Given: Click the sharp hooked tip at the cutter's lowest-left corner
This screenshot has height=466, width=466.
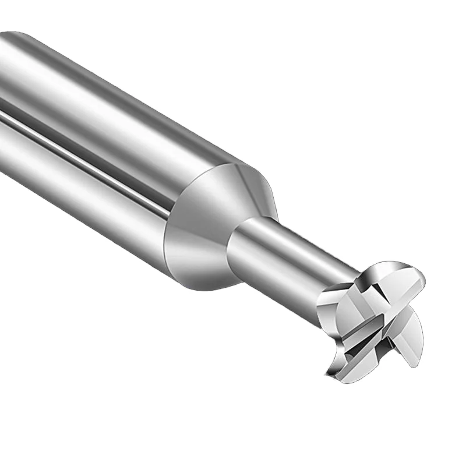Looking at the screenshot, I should point(327,373).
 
